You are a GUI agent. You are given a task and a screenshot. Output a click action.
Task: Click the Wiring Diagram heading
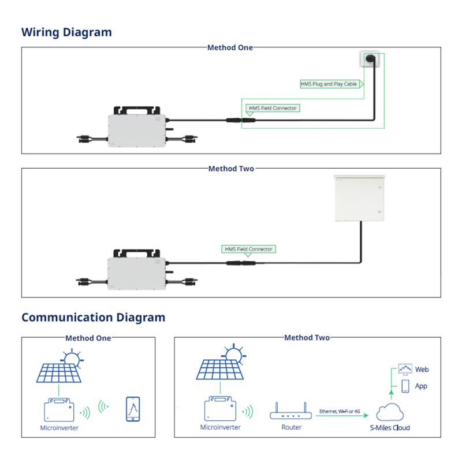[66, 32]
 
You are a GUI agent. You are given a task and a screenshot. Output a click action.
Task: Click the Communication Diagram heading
[93, 317]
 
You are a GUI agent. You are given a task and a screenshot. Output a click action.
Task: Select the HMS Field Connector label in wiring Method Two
[248, 249]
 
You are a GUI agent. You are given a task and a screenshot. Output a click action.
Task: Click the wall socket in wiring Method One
[371, 59]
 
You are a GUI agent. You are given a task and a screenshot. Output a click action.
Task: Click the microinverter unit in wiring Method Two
[136, 266]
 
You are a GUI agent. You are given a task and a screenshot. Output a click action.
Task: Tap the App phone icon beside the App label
[405, 385]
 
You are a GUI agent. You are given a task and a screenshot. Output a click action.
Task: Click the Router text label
[291, 428]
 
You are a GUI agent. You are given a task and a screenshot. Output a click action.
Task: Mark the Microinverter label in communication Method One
[59, 428]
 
